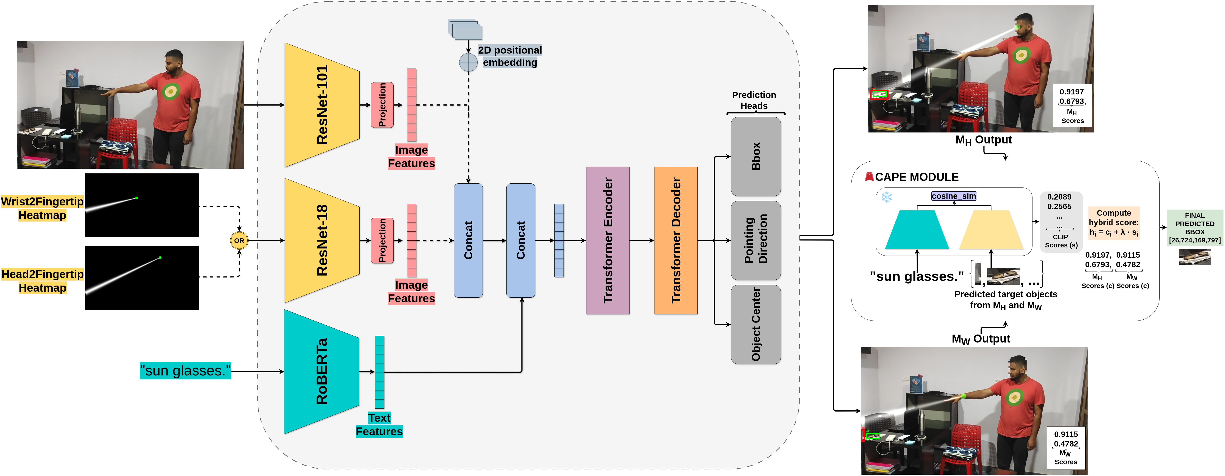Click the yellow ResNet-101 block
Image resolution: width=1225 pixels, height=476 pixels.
322,105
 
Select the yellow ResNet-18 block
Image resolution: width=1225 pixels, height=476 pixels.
322,240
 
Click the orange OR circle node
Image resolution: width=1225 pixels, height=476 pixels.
239,240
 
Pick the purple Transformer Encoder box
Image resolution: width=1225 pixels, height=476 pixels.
608,240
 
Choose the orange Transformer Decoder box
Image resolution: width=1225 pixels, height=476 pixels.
676,240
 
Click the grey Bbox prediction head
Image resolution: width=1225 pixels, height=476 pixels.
756,156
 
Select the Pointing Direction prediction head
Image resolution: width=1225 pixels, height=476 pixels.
756,240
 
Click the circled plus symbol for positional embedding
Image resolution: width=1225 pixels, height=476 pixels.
469,62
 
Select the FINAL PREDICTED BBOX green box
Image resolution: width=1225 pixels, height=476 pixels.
1195,227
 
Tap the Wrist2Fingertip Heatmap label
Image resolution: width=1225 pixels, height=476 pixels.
42,208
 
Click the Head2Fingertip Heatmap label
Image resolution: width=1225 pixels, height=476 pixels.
42,281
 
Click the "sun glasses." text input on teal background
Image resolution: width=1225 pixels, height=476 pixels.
185,370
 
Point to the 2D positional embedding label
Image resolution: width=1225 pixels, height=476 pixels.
510,56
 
